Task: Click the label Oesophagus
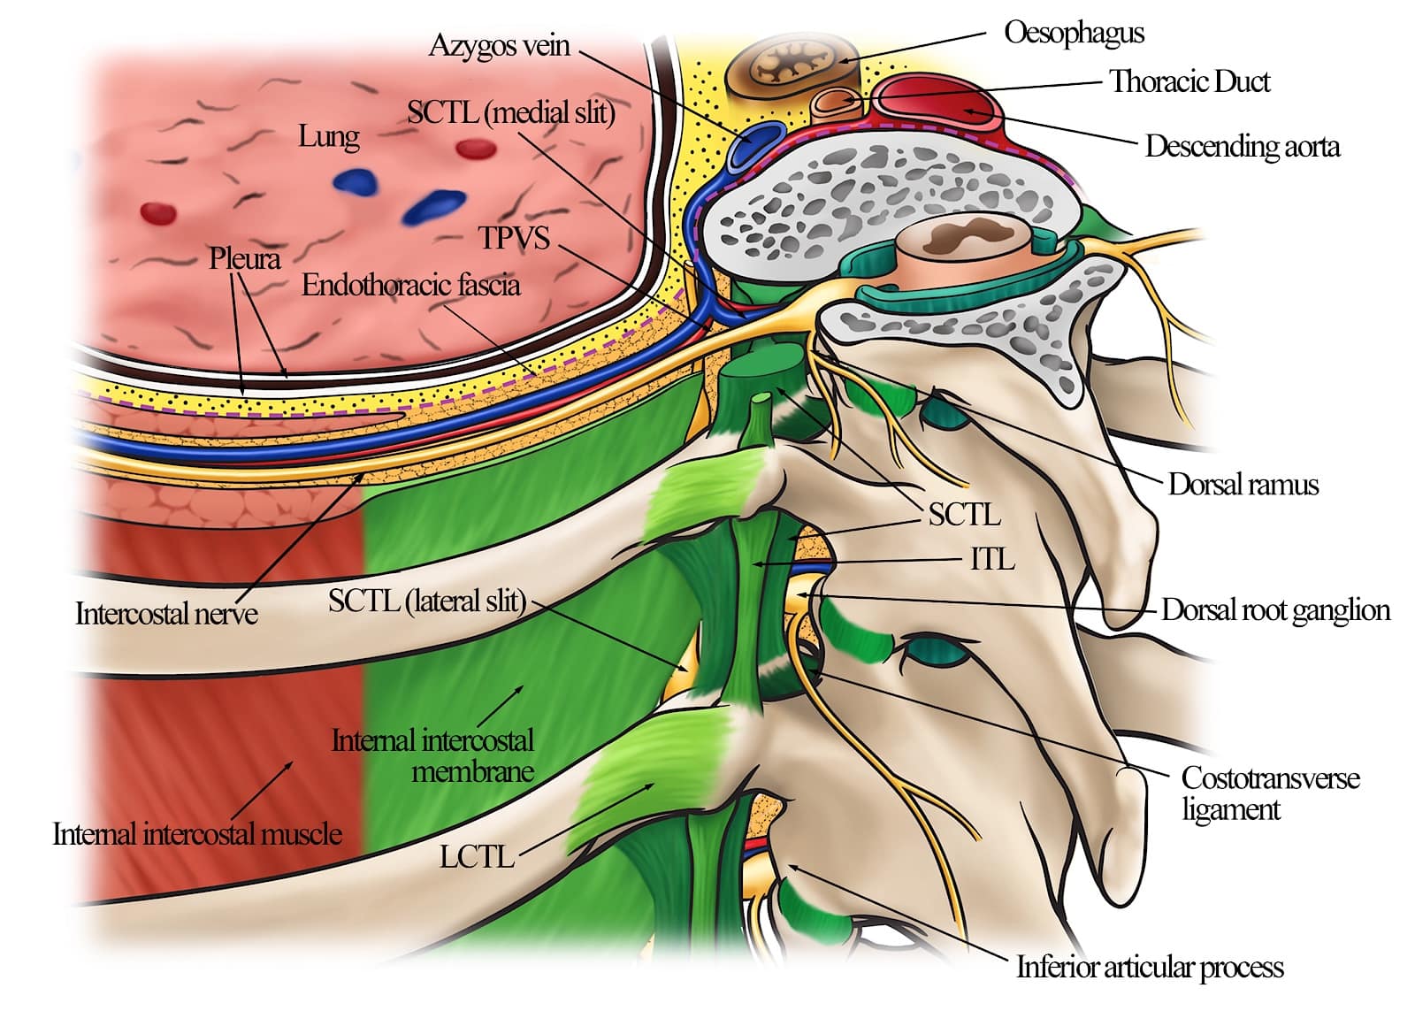[x=1074, y=34]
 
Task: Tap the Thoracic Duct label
[x=1189, y=81]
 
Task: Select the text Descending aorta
[x=1242, y=146]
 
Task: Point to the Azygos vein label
[x=499, y=45]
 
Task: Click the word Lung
[x=328, y=136]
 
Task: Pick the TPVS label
[x=514, y=238]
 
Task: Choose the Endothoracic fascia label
[x=410, y=285]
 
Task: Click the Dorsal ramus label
[x=1243, y=485]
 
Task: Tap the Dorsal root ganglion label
[x=1274, y=610]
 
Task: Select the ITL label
[x=992, y=559]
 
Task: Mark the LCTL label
[x=477, y=856]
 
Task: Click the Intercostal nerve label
[x=166, y=613]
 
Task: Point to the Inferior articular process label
[x=1150, y=967]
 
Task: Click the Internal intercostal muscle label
[x=196, y=833]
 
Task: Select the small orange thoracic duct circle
[x=835, y=102]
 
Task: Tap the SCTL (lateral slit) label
[x=426, y=601]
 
